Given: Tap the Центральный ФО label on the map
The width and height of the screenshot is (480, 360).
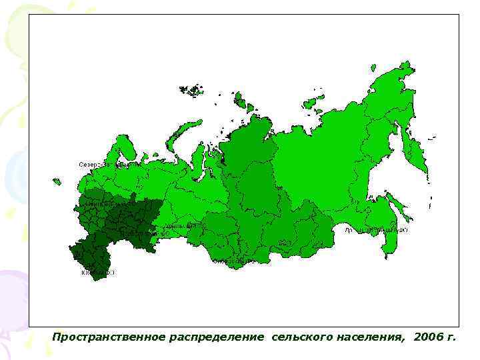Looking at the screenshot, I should click(99, 199).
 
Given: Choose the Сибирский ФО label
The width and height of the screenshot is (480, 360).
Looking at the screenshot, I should click(233, 261).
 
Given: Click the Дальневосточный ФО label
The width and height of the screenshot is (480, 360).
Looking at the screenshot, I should click(376, 229).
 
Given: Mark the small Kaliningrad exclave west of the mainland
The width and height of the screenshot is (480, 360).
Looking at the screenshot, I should click(57, 181).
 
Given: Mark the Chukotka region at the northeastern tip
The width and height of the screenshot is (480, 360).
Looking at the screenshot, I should click(393, 83).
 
